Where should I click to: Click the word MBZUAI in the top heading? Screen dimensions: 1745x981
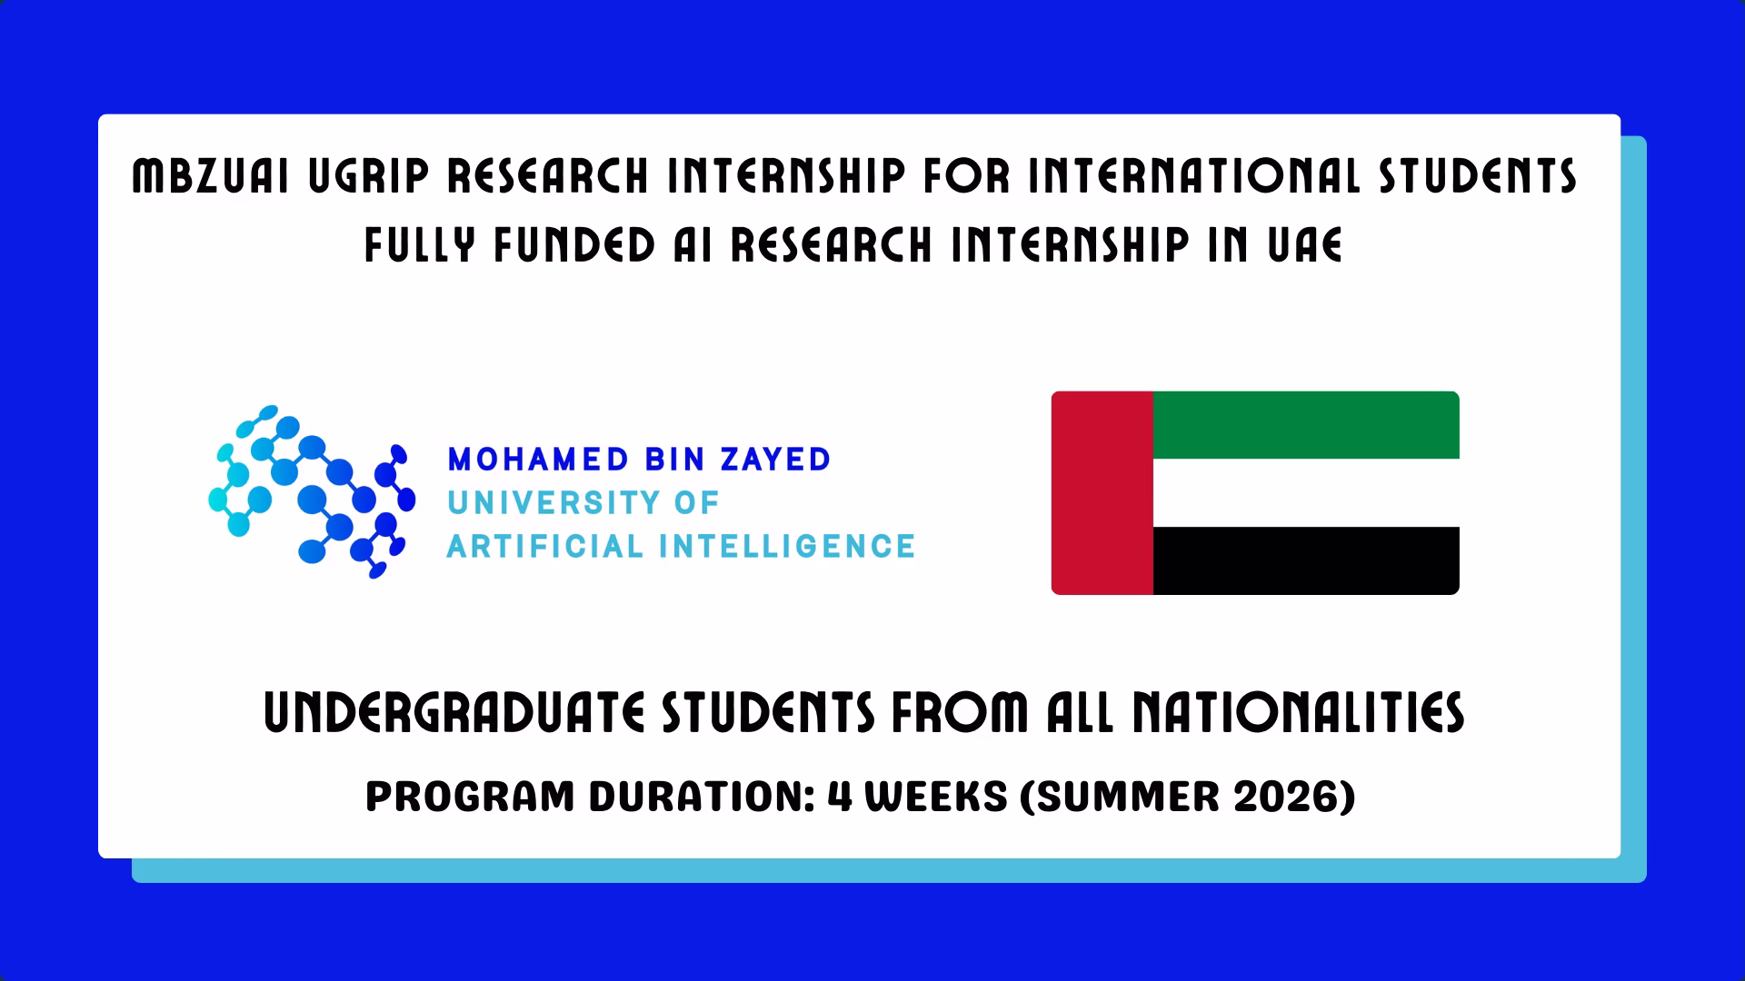[x=211, y=176]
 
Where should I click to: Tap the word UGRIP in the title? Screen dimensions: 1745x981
[x=368, y=176]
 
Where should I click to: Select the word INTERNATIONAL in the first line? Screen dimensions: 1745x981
[x=1193, y=176]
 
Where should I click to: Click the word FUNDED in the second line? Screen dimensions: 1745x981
[x=574, y=244]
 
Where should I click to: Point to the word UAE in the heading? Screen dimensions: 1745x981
[x=1305, y=244]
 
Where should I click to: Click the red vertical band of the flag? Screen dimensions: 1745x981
[x=1102, y=493]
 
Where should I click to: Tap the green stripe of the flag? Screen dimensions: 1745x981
[x=1306, y=425]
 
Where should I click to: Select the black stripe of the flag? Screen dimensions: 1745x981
[x=1306, y=560]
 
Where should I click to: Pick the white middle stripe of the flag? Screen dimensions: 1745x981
[x=1306, y=493]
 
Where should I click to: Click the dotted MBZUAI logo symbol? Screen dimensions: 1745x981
[x=312, y=491]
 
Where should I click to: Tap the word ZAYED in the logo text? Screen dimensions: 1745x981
[x=775, y=460]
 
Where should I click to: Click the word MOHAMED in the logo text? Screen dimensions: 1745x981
[x=539, y=460]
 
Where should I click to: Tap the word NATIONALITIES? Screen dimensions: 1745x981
[x=1298, y=713]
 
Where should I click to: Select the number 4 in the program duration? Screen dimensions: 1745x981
[x=839, y=797]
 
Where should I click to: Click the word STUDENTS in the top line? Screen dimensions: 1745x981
[x=1478, y=176]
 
